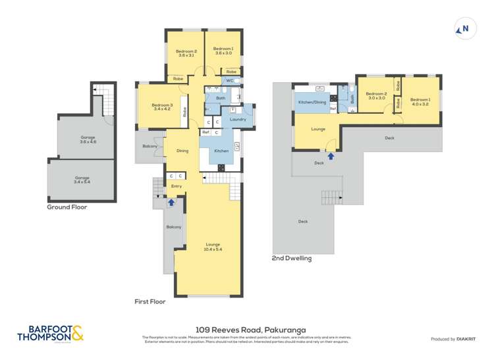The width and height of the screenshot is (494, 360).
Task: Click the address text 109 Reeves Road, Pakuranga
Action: pyautogui.click(x=247, y=330)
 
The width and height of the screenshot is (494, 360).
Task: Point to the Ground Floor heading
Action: pyautogui.click(x=67, y=207)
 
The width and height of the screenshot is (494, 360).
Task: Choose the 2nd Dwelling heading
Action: pyautogui.click(x=291, y=259)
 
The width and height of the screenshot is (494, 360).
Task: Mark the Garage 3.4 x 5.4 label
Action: pyautogui.click(x=82, y=180)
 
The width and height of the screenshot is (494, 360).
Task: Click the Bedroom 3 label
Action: pyautogui.click(x=162, y=107)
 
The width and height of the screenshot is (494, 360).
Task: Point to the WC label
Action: pyautogui.click(x=229, y=80)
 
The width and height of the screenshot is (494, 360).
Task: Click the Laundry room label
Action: pyautogui.click(x=238, y=119)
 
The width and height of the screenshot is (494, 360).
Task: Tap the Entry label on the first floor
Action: pyautogui.click(x=176, y=186)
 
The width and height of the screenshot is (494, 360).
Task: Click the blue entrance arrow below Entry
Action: pyautogui.click(x=171, y=203)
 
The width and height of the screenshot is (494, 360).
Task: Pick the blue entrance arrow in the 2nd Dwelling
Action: pyautogui.click(x=331, y=156)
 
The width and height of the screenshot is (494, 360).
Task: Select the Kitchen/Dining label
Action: pyautogui.click(x=312, y=103)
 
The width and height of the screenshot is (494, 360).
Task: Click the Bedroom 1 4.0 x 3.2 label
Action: pyautogui.click(x=420, y=101)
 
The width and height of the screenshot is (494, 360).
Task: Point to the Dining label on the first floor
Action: pyautogui.click(x=182, y=151)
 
